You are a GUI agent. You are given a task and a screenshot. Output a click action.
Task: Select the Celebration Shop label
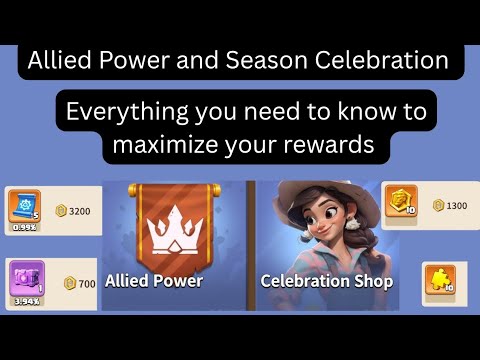pyautogui.click(x=317, y=281)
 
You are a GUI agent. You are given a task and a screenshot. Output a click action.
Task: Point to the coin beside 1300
pyautogui.click(x=438, y=205)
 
